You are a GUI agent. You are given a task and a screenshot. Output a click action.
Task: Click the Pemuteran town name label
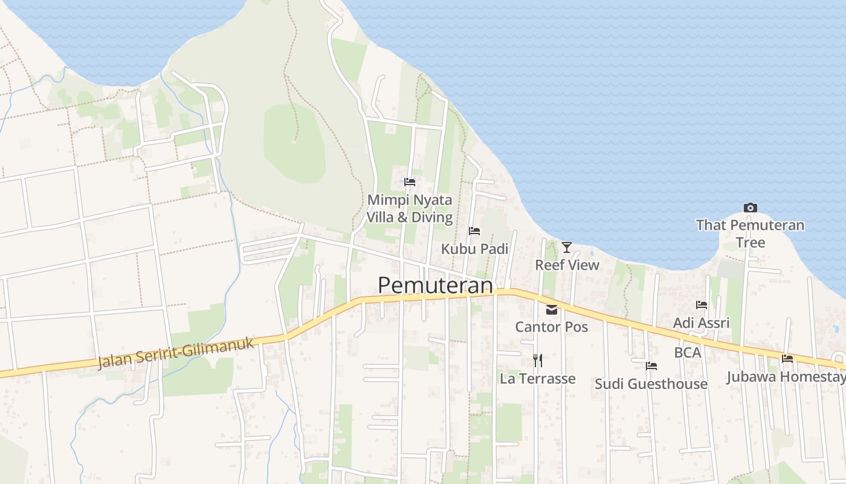tap(435, 286)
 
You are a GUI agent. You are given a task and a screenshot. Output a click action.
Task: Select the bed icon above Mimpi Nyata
tap(410, 181)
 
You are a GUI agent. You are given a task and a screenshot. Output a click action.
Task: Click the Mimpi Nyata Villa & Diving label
tap(410, 209)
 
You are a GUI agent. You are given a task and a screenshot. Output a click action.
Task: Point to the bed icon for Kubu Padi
tap(474, 231)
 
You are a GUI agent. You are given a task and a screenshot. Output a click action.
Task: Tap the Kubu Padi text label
tap(474, 249)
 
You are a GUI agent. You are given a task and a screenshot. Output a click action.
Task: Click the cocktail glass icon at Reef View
tap(567, 247)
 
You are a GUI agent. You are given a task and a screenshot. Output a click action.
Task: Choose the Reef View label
tap(567, 265)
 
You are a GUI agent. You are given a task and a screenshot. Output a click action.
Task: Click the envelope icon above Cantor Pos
tap(552, 310)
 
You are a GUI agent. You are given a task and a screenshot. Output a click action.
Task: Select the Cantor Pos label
tap(551, 327)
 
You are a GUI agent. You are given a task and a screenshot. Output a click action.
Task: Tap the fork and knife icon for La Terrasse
tap(538, 361)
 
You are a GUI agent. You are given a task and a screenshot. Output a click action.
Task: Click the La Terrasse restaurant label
tap(537, 379)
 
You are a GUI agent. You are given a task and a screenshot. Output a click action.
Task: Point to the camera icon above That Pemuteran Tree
tap(750, 208)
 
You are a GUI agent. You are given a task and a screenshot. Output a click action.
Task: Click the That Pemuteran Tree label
tap(750, 234)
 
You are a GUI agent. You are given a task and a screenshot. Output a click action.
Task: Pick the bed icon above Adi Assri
tap(702, 305)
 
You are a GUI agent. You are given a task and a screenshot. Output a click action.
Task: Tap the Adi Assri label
tap(701, 322)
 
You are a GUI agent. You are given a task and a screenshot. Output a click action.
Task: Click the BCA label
tap(688, 352)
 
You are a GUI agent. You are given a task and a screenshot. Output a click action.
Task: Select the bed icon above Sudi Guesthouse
tap(651, 366)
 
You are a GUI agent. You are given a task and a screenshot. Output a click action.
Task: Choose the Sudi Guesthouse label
tap(651, 384)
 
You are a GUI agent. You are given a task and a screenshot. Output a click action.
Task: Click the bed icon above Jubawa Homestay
tap(787, 359)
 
